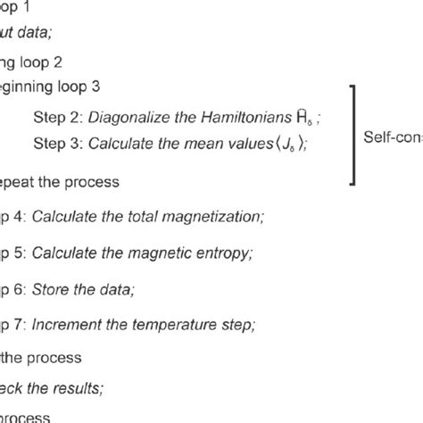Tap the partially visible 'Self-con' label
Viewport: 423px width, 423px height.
pos(393,137)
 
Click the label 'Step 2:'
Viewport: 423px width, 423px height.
pos(55,115)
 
